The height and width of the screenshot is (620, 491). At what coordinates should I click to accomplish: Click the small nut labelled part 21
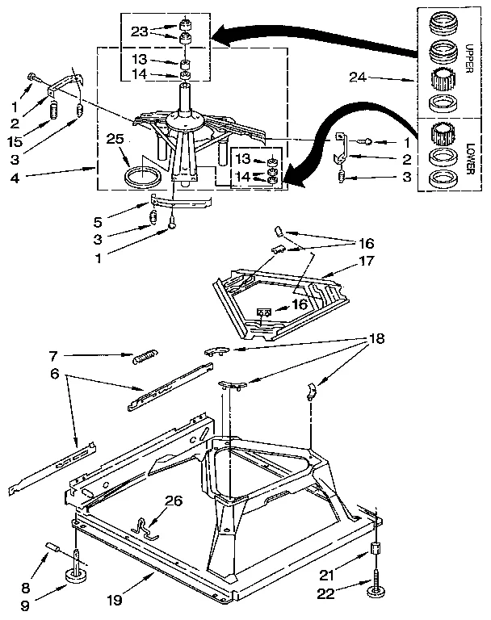tap(375, 551)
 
